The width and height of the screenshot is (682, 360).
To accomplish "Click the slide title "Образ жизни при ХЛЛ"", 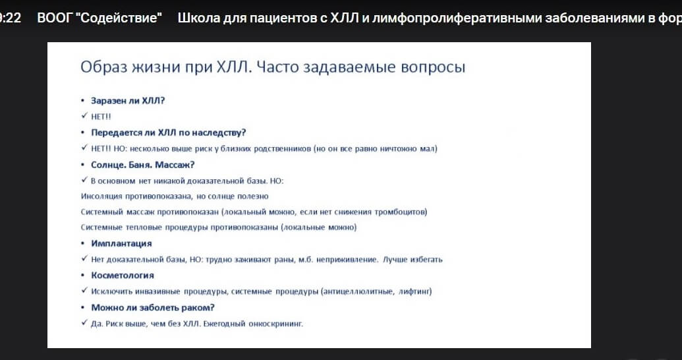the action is click(x=166, y=67).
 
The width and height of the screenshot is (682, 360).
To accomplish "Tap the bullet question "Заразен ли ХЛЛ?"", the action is click(x=128, y=101).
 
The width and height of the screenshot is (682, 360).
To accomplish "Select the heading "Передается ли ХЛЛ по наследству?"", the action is click(x=168, y=133).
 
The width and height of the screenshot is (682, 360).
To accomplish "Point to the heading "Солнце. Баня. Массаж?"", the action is click(x=143, y=165).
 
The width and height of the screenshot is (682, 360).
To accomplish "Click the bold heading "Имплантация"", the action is click(x=121, y=243).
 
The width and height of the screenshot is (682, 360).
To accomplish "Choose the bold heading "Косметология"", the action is click(x=123, y=275).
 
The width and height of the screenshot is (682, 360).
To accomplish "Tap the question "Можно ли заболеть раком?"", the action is click(x=153, y=307).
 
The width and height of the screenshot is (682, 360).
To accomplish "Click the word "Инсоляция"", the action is click(x=101, y=196).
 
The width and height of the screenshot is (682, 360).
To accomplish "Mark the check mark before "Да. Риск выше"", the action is click(x=84, y=322).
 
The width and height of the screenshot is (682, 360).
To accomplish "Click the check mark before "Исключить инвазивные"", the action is click(x=84, y=290).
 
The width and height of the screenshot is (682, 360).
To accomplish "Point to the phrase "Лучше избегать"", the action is click(x=412, y=259).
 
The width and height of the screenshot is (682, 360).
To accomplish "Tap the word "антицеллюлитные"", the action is click(x=358, y=291).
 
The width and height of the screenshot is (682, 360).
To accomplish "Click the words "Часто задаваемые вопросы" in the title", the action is click(x=360, y=67).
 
